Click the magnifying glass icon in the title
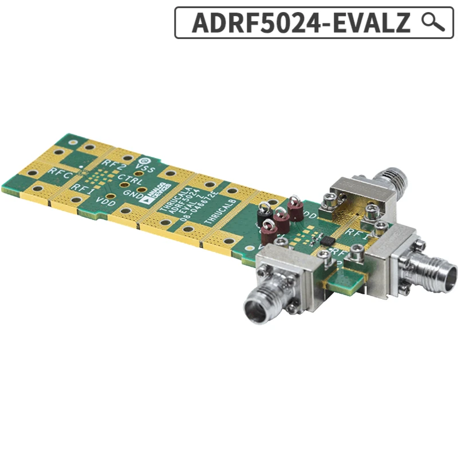(x=433, y=22)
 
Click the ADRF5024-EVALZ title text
(x=301, y=23)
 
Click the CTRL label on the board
(x=130, y=180)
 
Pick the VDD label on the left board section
(x=105, y=200)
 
